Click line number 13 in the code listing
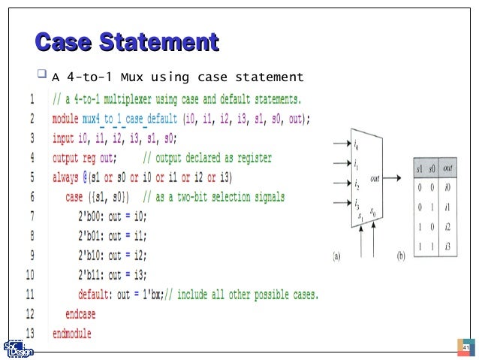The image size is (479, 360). click(x=31, y=332)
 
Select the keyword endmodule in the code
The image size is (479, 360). click(x=71, y=333)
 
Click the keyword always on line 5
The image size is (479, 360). click(x=68, y=177)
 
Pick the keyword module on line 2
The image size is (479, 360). click(x=68, y=119)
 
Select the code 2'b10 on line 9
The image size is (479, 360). click(x=91, y=255)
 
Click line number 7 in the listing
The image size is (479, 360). click(x=31, y=216)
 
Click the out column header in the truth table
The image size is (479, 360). click(x=447, y=169)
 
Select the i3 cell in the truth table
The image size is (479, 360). click(x=447, y=247)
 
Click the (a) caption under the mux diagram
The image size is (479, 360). click(x=337, y=256)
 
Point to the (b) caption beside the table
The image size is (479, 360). click(x=401, y=256)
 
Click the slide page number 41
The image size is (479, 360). click(x=465, y=348)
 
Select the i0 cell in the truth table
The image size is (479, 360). click(x=447, y=188)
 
